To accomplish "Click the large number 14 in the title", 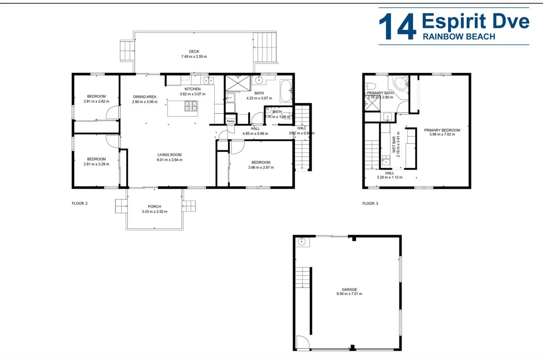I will click(398, 27).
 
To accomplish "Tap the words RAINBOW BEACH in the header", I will click(459, 37).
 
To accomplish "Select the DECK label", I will click(194, 52).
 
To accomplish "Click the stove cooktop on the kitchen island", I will click(191, 106).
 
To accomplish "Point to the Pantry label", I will click(230, 121).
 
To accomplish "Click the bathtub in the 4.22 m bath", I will click(286, 91).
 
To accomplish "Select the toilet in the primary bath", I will click(370, 86).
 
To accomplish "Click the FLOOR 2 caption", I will click(80, 203).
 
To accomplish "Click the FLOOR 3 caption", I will click(370, 203).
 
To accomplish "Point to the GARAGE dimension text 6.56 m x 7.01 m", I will click(349, 294).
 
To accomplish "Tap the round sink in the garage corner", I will click(302, 242).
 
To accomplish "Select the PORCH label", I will click(154, 207).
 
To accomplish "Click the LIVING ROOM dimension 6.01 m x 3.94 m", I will click(169, 160).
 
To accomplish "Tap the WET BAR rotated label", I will click(394, 144).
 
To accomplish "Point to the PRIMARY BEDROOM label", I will click(442, 130).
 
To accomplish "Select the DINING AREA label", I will click(144, 97).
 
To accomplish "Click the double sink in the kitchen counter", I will click(209, 80).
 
